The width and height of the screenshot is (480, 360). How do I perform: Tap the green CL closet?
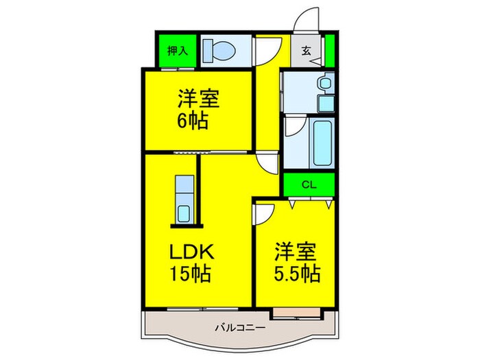pyautogui.click(x=309, y=184)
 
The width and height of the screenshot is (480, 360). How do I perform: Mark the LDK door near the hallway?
pyautogui.click(x=266, y=163)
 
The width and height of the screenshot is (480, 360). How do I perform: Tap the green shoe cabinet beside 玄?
pyautogui.click(x=329, y=49)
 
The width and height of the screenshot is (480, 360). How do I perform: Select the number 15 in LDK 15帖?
pyautogui.click(x=180, y=276)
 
